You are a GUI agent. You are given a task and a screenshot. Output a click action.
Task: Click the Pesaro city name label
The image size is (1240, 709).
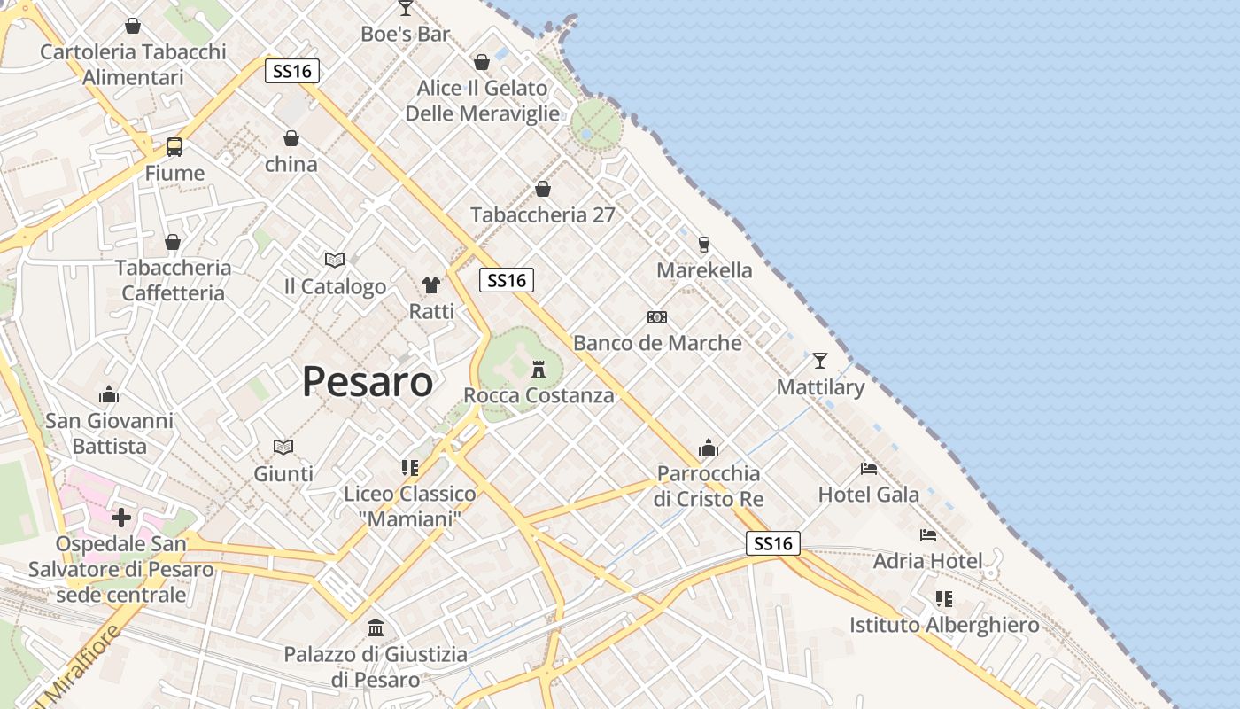click(x=368, y=381)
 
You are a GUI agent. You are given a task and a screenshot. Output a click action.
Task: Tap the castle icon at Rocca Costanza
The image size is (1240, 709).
click(x=539, y=368)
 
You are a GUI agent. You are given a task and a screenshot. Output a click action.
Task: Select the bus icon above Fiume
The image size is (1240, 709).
click(x=174, y=147)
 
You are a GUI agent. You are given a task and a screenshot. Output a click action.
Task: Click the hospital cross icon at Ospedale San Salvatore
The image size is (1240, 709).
click(x=121, y=517)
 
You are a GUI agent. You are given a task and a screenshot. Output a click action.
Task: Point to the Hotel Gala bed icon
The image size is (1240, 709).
click(x=869, y=468)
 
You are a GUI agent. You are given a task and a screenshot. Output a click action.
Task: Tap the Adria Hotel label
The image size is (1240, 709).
click(x=927, y=561)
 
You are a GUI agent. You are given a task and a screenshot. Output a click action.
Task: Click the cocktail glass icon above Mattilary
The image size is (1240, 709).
click(x=820, y=361)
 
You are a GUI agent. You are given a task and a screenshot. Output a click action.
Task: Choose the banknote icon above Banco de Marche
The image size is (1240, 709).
click(x=657, y=316)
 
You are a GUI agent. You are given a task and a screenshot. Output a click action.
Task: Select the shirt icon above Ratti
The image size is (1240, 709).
click(x=431, y=284)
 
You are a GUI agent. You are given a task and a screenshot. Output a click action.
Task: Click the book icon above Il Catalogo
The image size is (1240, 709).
click(x=335, y=260)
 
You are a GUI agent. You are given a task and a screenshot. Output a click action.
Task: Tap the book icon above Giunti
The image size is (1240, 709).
click(x=283, y=447)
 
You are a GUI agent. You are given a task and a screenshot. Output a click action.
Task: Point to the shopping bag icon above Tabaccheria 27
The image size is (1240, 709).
click(x=543, y=189)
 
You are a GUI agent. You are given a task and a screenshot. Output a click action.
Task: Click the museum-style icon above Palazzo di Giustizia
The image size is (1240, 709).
click(x=376, y=627)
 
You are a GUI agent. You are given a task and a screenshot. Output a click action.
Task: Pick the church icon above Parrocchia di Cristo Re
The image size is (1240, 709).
click(x=709, y=447)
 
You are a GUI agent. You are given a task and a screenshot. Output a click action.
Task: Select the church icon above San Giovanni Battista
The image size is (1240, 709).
click(x=109, y=393)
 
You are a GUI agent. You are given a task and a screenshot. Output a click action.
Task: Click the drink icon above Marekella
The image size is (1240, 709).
click(x=704, y=244)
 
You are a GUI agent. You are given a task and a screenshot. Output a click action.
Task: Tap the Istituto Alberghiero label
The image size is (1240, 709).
click(x=944, y=625)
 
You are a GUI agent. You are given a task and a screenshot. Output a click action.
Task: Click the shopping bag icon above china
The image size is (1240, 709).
click(x=291, y=138)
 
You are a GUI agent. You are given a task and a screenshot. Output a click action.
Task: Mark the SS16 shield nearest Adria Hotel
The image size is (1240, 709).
click(x=773, y=543)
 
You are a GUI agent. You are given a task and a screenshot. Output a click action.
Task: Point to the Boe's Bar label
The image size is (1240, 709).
click(x=406, y=35)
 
